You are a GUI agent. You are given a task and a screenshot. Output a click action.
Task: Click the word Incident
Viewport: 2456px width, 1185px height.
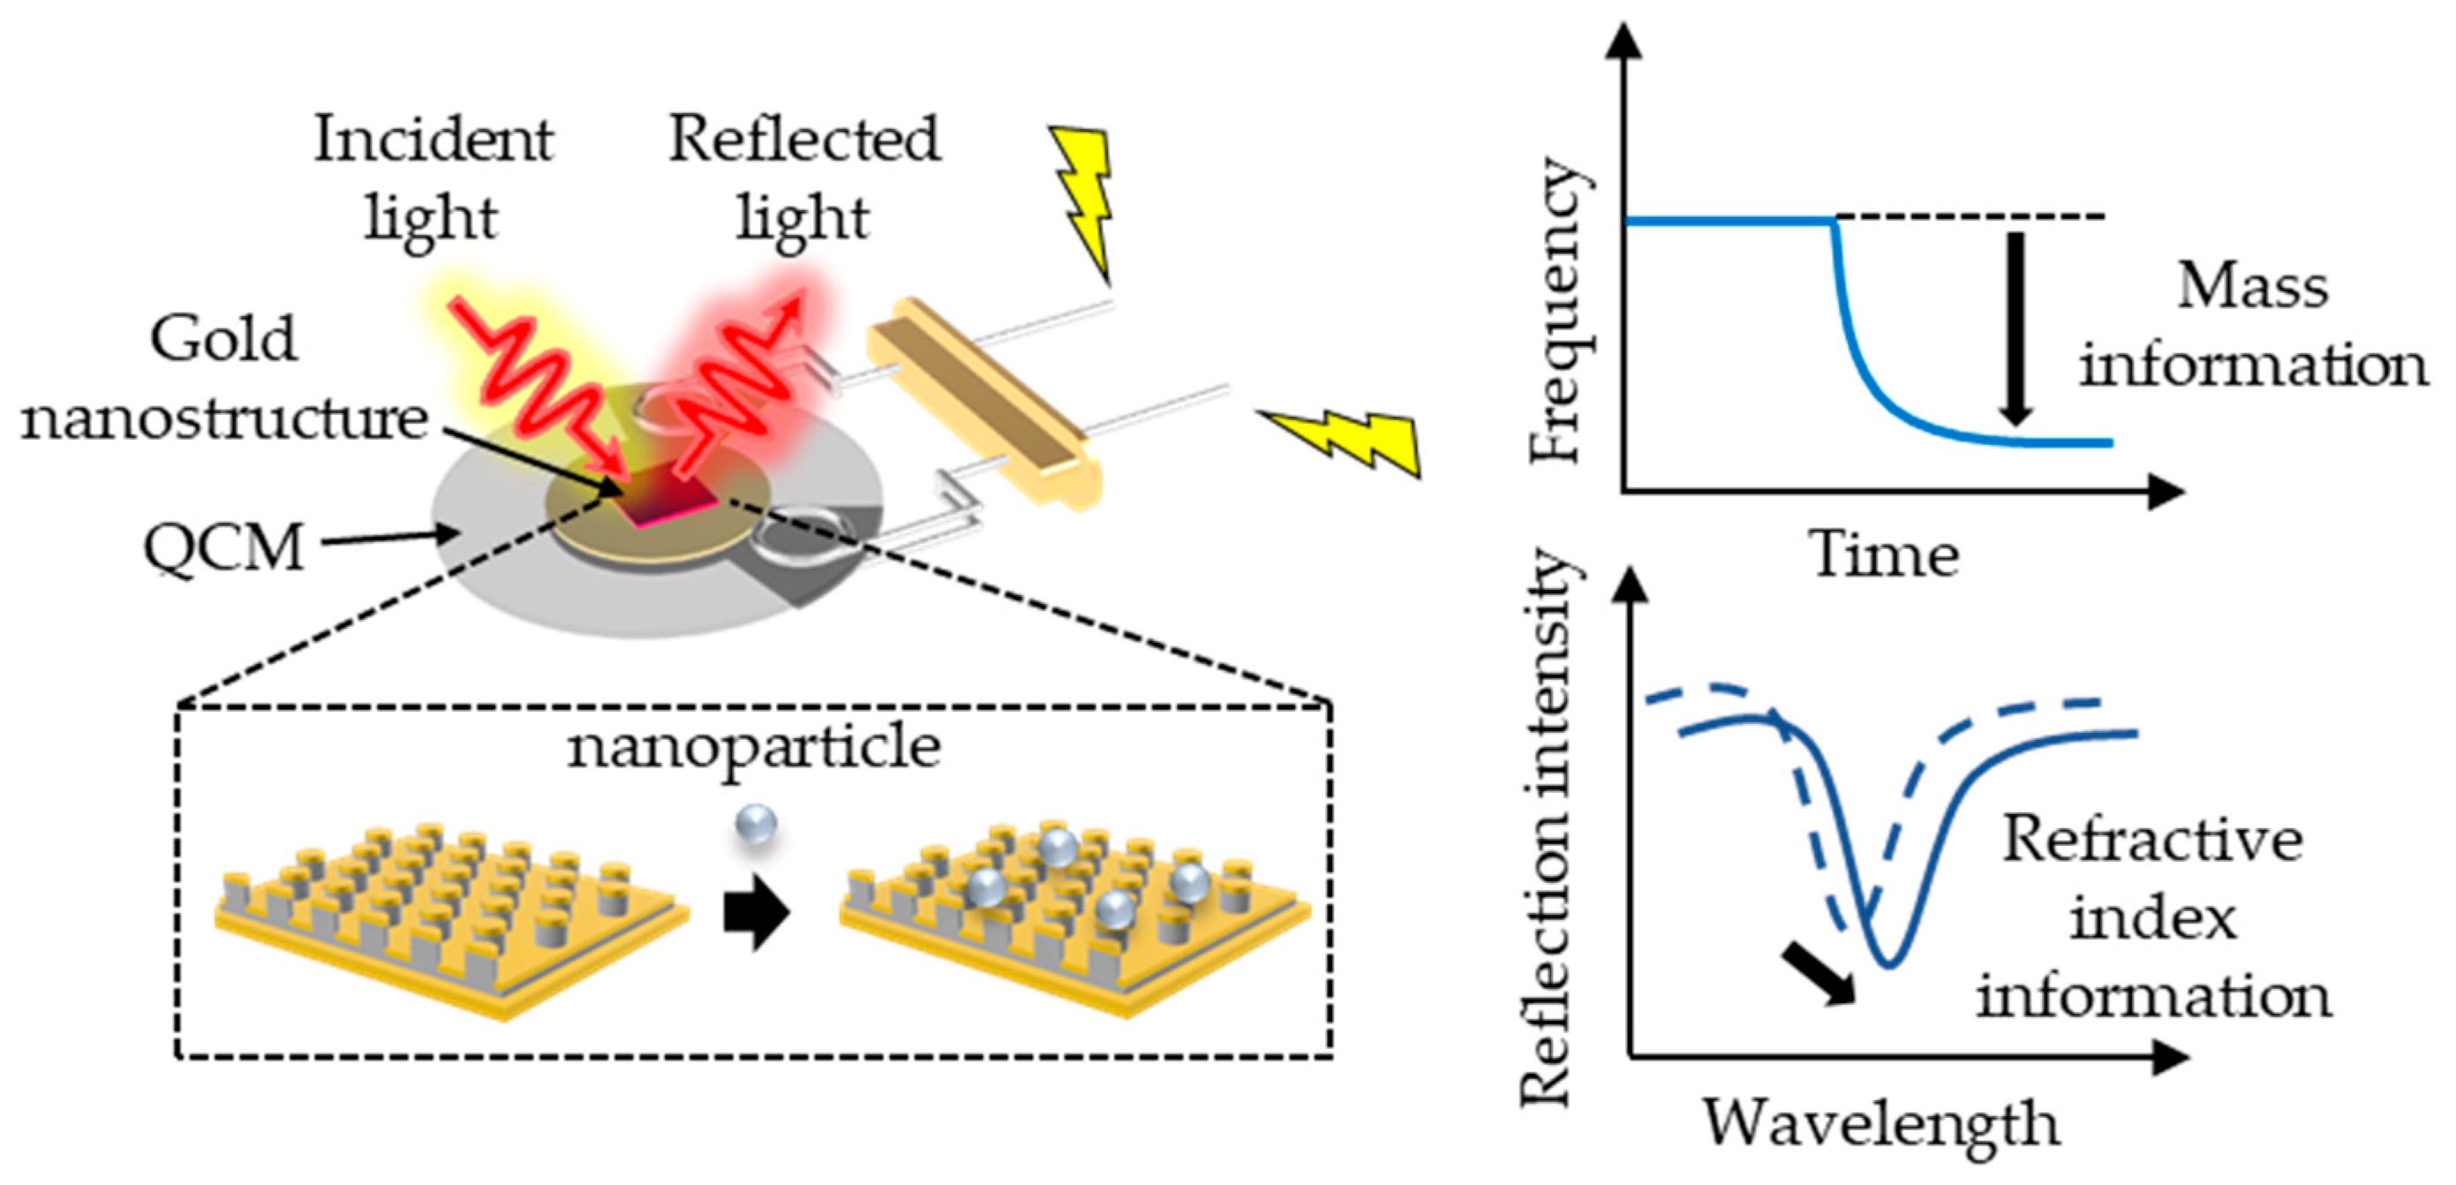pos(433,140)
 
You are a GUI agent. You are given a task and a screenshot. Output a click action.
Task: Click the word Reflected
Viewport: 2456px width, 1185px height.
pos(803,140)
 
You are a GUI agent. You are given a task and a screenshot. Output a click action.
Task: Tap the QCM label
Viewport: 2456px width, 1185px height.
pos(223,548)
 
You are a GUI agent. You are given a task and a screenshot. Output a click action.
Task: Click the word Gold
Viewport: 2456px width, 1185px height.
pos(223,339)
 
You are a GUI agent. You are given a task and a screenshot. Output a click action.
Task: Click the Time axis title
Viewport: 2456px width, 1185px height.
pos(1885,555)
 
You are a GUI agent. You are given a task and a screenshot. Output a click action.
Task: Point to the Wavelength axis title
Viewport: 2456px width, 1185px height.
pos(1880,1123)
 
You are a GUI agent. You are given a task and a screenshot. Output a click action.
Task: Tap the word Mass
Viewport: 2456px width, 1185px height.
pos(2252,286)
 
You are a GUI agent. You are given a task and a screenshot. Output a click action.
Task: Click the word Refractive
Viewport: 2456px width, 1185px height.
pos(2151,839)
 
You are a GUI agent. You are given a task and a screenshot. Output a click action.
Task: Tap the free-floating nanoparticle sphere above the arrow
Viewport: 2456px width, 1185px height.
pos(756,825)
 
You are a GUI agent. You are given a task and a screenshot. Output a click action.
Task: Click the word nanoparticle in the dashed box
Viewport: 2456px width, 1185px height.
pos(753,746)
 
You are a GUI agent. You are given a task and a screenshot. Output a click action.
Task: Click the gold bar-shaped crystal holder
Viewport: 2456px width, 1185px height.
pos(982,400)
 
